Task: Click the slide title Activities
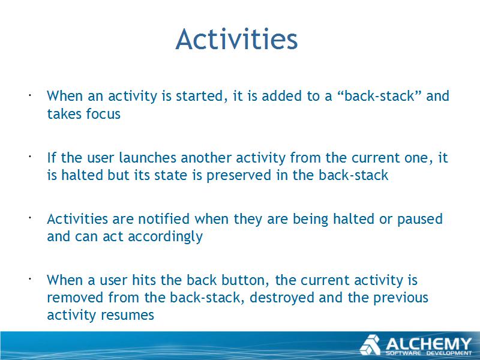pyautogui.click(x=236, y=39)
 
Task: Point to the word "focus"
pyautogui.click(x=103, y=114)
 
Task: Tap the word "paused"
pyautogui.click(x=419, y=220)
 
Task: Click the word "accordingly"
pyautogui.click(x=165, y=236)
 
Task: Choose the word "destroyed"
pyautogui.click(x=282, y=298)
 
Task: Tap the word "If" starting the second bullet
pyautogui.click(x=52, y=158)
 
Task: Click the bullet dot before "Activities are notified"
pyautogui.click(x=30, y=218)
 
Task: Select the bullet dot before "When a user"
pyautogui.click(x=30, y=279)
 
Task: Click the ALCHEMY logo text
pyautogui.click(x=428, y=344)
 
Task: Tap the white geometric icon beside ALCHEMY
pyautogui.click(x=370, y=345)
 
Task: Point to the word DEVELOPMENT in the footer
pyautogui.click(x=449, y=353)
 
